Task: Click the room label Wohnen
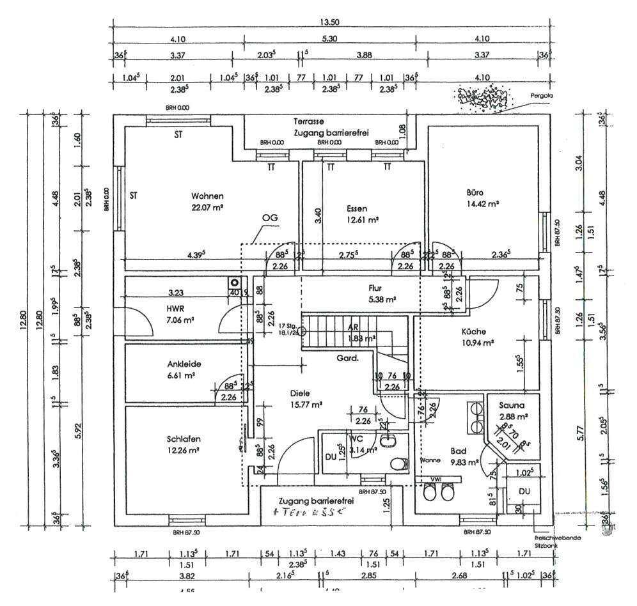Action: tap(207, 196)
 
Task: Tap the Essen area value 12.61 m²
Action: tap(363, 220)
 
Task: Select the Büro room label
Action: tap(475, 192)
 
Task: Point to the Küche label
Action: tap(474, 332)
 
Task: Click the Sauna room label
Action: tap(513, 405)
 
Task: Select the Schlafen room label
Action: tap(184, 439)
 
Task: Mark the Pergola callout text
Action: tap(541, 96)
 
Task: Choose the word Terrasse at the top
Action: tap(309, 121)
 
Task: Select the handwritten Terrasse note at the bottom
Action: tap(310, 512)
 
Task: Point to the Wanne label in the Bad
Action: tap(429, 460)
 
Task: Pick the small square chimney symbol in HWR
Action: tap(235, 282)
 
